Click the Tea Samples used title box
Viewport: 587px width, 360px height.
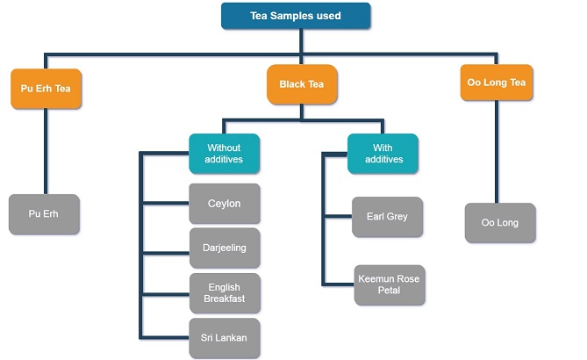[295, 16]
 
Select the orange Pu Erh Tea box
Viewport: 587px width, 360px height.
[46, 89]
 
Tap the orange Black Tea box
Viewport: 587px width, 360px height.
[302, 84]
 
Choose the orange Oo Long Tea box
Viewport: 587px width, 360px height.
[496, 83]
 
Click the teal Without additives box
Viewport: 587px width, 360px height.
[224, 154]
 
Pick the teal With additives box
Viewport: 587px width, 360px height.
[383, 154]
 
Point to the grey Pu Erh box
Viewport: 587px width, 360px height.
[44, 214]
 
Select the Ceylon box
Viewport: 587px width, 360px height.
[225, 204]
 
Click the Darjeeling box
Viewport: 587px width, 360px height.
[225, 248]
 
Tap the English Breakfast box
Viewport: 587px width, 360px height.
[225, 293]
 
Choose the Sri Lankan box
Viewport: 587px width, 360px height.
[225, 338]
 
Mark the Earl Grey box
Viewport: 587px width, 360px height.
[387, 217]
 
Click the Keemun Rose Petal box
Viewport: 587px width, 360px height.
[389, 284]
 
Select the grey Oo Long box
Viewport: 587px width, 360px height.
[499, 223]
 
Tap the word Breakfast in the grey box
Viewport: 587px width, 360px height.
[225, 299]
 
